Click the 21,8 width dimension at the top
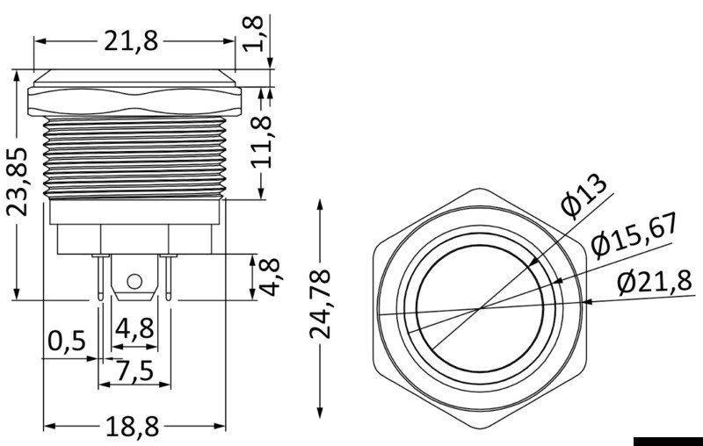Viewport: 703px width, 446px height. pos(135,41)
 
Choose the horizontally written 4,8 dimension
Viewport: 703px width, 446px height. pos(134,329)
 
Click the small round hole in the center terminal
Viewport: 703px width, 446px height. pos(134,281)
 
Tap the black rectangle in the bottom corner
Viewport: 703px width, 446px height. pos(667,440)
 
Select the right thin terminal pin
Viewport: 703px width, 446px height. pos(166,274)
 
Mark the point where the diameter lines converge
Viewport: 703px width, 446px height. pos(480,309)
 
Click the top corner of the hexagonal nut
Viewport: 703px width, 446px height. pos(480,187)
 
